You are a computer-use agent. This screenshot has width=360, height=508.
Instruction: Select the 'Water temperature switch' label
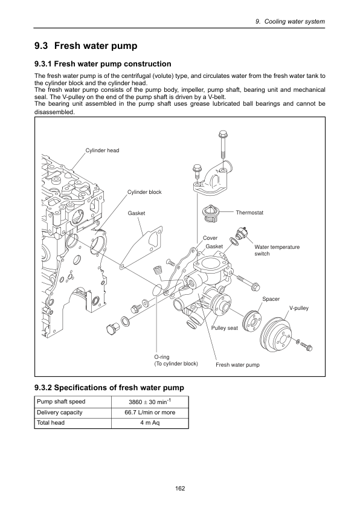click(277, 250)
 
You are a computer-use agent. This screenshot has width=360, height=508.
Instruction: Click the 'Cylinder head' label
click(102, 150)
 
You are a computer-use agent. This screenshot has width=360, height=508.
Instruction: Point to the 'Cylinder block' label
click(144, 192)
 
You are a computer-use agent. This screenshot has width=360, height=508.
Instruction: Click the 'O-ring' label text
click(162, 357)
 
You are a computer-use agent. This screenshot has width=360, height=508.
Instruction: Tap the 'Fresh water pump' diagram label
click(237, 365)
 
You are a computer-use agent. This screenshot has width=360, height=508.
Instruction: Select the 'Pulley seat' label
click(224, 328)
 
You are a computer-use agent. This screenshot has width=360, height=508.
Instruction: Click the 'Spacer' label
click(271, 299)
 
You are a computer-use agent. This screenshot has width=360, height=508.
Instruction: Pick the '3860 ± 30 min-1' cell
click(150, 402)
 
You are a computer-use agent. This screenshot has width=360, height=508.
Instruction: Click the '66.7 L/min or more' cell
click(150, 413)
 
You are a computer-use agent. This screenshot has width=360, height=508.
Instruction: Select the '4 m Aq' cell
click(150, 423)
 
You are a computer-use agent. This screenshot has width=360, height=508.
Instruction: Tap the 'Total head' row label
click(51, 423)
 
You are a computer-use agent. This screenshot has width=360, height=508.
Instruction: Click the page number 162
click(180, 488)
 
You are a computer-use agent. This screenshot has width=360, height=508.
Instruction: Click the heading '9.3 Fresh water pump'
click(86, 46)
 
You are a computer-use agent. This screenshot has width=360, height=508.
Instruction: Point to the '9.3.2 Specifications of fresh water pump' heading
click(109, 387)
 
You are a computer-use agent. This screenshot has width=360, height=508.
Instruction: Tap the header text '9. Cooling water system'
click(290, 21)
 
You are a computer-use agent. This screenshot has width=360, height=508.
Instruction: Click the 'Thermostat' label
click(249, 213)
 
